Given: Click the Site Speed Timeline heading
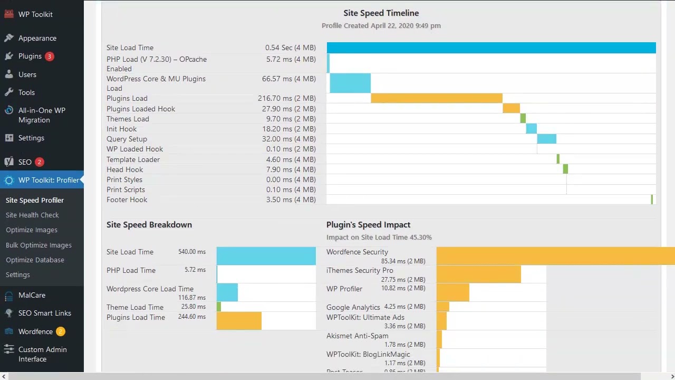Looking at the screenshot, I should tap(381, 13).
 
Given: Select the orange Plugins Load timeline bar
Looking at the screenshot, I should tap(436, 98).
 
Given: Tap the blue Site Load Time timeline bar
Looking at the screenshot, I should tap(491, 48).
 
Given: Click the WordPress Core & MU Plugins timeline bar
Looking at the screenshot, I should tap(350, 83).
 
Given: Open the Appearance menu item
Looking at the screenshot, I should tap(37, 38).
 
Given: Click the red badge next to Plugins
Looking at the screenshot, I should tap(50, 56).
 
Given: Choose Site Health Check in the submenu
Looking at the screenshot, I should tap(32, 215).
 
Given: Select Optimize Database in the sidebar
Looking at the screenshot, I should tap(35, 260).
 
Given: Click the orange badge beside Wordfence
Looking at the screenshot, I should tap(61, 331).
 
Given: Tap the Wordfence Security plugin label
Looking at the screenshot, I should tap(357, 252).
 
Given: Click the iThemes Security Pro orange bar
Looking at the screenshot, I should tap(478, 274).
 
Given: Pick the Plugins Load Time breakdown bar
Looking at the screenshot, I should tap(239, 320).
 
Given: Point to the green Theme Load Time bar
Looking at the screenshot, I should tap(219, 307).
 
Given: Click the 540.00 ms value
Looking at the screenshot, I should tap(192, 252).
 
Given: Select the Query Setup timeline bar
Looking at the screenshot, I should tap(546, 139).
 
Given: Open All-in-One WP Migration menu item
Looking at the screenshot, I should tap(42, 115).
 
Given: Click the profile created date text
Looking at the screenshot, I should tap(381, 25).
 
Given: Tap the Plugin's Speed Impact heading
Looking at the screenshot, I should tap(368, 224).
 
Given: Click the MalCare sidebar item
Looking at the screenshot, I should tap(32, 295).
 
